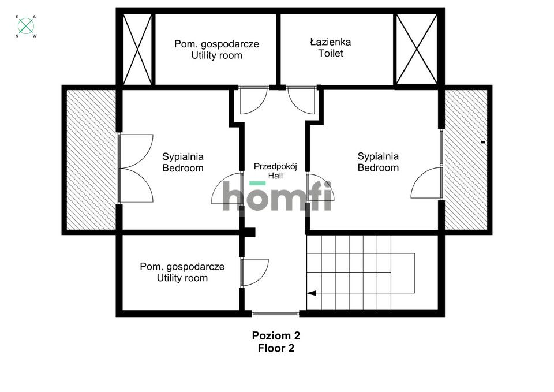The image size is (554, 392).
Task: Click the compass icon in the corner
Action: [x=26, y=26]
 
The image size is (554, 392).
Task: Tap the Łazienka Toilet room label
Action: [x=330, y=48]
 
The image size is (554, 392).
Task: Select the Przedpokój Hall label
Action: [x=275, y=171]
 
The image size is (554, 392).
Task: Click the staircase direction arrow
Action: [x=312, y=293]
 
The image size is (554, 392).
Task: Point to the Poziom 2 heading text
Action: [x=276, y=335]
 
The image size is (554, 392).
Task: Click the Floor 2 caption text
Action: [x=276, y=348]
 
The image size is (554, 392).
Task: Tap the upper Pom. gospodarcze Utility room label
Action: [x=216, y=50]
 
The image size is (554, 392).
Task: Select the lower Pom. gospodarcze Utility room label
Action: [x=182, y=272]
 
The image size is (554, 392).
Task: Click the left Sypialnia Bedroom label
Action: [x=183, y=162]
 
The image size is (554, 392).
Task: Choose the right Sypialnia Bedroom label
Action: [x=378, y=162]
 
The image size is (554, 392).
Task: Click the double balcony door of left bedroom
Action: [x=136, y=169]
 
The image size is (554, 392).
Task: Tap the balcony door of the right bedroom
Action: [x=427, y=182]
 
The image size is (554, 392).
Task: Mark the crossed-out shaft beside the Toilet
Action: [x=416, y=50]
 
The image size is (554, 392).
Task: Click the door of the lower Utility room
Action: [x=254, y=272]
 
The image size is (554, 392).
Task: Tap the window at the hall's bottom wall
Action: [x=275, y=313]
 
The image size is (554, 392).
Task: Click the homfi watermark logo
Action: [x=277, y=196]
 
